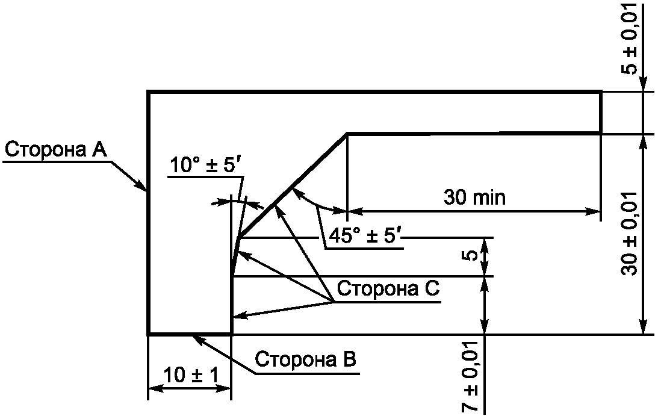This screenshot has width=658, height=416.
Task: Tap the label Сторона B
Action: (306, 360)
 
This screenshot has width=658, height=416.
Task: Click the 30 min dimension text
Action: (474, 197)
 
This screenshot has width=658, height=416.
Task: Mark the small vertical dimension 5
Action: (471, 256)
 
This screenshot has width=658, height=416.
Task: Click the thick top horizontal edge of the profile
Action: (373, 92)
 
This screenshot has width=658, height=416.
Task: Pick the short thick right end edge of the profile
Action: (600, 113)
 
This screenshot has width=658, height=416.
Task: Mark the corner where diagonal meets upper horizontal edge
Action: (347, 133)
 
